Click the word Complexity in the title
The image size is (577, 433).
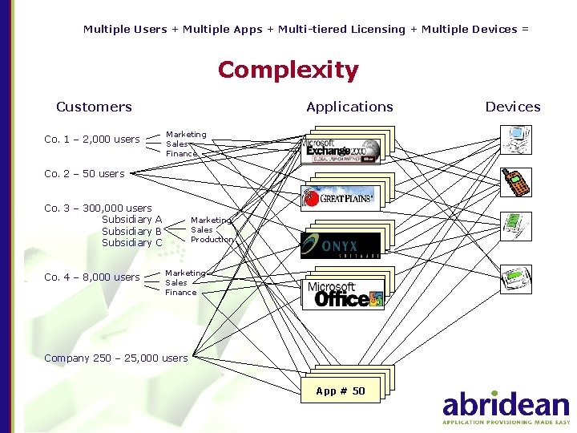tap(288, 71)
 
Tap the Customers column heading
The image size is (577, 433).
tap(94, 107)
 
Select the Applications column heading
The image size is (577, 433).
tap(349, 107)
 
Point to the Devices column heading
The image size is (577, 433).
tap(513, 107)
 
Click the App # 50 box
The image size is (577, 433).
tap(341, 391)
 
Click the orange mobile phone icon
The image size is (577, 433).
tap(515, 182)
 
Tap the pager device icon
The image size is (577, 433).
tap(514, 277)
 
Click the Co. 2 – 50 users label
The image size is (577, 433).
tap(84, 173)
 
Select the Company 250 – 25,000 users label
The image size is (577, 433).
tap(115, 358)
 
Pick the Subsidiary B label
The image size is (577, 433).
tap(131, 231)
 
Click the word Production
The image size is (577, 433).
tap(212, 239)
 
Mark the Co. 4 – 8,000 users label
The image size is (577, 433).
tap(91, 277)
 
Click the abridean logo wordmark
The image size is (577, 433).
tap(506, 404)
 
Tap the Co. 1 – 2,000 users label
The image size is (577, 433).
tap(91, 140)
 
